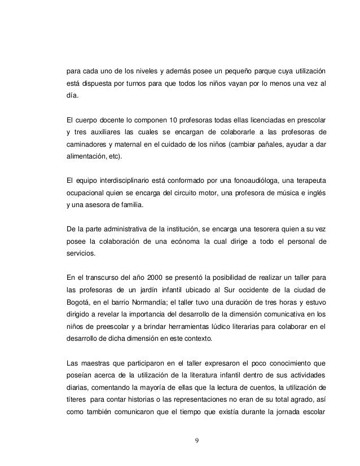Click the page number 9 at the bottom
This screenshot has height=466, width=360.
[x=196, y=441]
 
